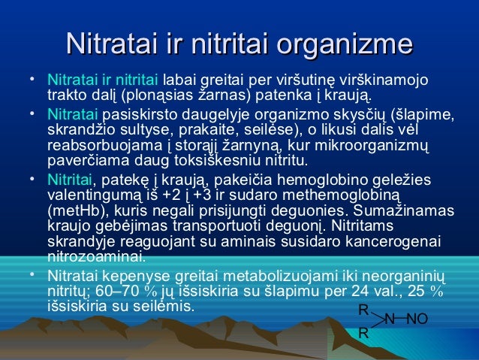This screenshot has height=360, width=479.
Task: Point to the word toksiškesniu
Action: pos(225,161)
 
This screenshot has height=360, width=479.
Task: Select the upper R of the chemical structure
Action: pos(363,310)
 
